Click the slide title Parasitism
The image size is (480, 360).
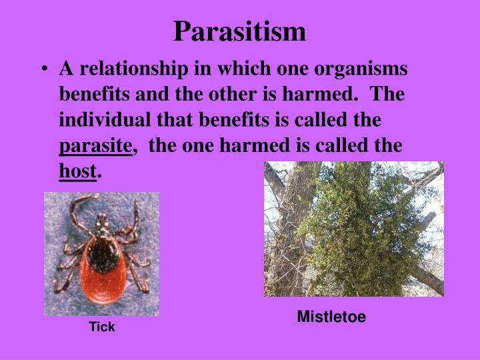click(240, 31)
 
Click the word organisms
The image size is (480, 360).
click(369, 69)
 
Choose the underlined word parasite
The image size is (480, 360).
click(96, 146)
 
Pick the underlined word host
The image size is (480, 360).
click(77, 171)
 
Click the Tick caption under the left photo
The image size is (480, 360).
click(102, 327)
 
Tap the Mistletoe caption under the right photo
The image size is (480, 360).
click(331, 317)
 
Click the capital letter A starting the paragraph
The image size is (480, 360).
click(65, 69)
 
